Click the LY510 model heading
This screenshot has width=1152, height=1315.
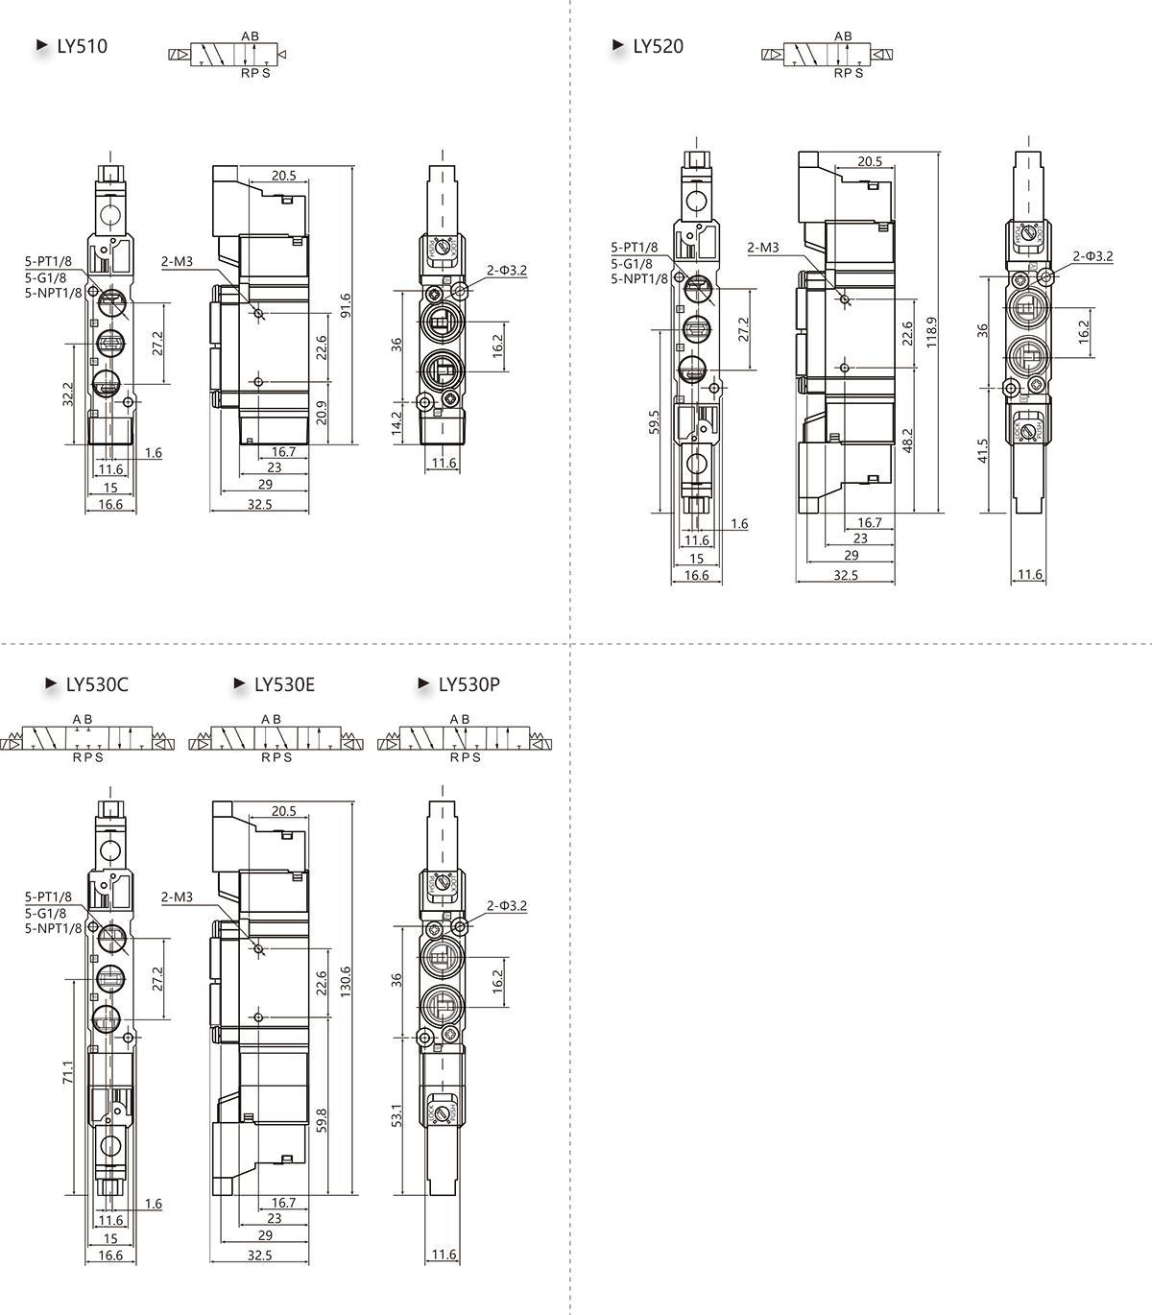point(82,46)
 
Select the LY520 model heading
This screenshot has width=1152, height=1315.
point(658,46)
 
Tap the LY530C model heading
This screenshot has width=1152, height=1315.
point(97,684)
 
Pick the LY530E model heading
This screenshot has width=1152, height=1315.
point(284,684)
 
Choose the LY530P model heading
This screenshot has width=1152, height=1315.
point(469,684)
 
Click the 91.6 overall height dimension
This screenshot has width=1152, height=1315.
point(346,305)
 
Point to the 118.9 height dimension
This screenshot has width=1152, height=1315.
point(931,332)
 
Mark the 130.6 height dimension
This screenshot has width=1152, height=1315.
point(346,981)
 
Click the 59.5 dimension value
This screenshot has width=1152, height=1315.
point(654,422)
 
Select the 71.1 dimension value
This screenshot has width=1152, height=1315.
point(68,1072)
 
